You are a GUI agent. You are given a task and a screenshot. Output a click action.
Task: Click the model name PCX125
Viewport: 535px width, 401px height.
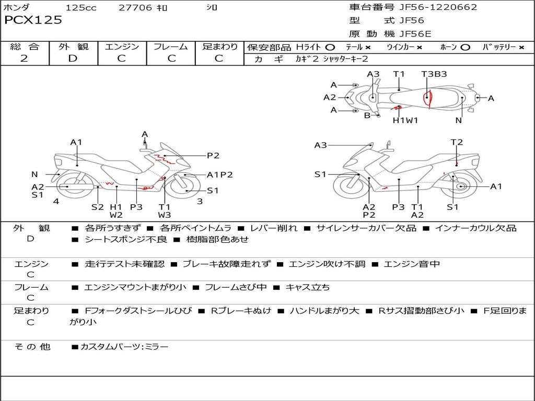point(33,20)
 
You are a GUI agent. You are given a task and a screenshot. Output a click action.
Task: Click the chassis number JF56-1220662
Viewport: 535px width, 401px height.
point(438,7)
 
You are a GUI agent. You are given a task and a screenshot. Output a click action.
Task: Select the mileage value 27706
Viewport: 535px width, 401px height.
point(135,7)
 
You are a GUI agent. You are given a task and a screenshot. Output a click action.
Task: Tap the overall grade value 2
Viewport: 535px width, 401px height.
point(24,58)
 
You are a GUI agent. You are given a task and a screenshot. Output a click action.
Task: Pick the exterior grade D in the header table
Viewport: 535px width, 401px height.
point(73,58)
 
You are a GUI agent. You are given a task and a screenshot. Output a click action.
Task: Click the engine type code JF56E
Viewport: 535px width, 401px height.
point(415,34)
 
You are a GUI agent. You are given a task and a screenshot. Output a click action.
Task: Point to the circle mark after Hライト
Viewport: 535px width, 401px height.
point(330,48)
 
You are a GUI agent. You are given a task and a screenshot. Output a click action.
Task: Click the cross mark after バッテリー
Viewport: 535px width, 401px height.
point(521,48)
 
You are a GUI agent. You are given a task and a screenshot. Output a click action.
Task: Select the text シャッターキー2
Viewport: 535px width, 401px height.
point(345,59)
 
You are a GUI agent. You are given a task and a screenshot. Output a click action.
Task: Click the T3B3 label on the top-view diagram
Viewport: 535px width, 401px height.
point(434,74)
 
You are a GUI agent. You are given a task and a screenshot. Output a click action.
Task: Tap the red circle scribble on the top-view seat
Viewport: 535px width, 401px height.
point(427,98)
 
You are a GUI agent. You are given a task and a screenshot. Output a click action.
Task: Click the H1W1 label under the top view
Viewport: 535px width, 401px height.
point(405,120)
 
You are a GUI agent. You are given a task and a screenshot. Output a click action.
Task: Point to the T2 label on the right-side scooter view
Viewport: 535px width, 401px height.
point(457,142)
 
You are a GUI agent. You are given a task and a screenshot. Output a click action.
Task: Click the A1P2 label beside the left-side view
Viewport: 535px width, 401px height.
point(220,174)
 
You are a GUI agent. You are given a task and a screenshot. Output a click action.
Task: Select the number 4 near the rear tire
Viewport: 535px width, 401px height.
point(56,201)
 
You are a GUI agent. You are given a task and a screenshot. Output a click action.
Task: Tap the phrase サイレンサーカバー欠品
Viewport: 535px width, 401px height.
point(366,228)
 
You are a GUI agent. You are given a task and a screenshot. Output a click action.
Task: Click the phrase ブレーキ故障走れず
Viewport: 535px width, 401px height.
point(227,264)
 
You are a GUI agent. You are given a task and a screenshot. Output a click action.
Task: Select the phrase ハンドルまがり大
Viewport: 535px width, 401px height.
point(324,311)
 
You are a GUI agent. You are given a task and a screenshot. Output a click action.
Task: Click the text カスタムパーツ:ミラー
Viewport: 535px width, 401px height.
point(124,347)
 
